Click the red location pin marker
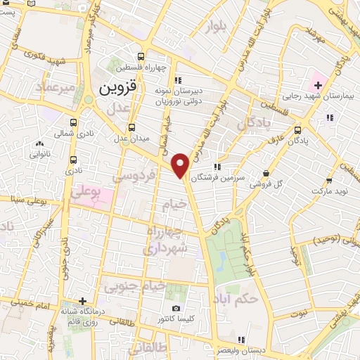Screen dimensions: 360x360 (181, 165)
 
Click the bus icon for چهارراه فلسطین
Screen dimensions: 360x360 (141, 57)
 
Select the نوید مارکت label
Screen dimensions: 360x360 (329, 190)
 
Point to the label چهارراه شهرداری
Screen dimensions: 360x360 (166, 239)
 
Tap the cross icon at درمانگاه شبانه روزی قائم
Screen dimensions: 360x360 (82, 301)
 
